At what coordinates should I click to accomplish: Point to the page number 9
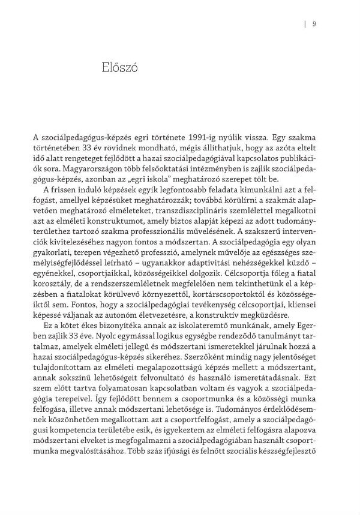click(314, 25)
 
